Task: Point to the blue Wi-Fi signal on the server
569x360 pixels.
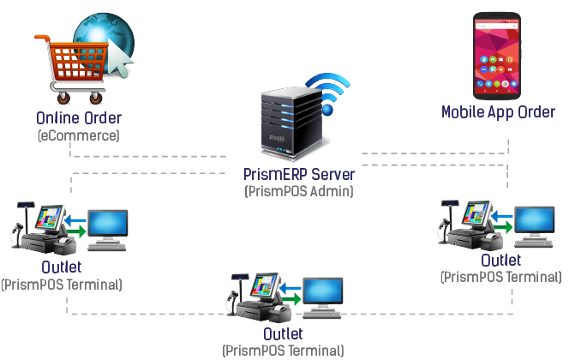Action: [329, 90]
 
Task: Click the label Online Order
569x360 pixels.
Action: [79, 118]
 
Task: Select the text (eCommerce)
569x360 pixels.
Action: [79, 135]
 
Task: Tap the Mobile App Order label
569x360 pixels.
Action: [498, 112]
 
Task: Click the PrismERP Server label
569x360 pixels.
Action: [297, 175]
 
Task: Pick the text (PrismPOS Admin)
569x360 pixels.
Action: [298, 191]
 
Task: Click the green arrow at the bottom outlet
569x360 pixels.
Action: [292, 298]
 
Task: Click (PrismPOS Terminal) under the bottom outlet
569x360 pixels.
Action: [283, 350]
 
